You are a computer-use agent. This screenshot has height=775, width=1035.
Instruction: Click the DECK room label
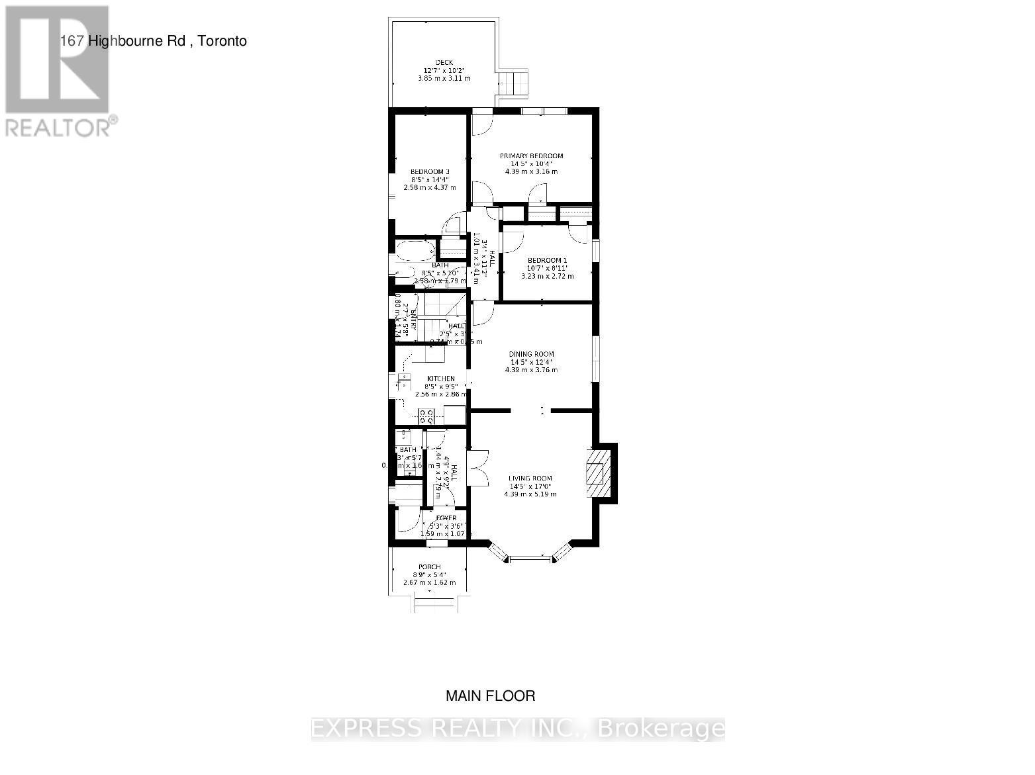(444, 63)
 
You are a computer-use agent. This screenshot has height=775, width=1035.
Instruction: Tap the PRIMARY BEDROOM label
(531, 156)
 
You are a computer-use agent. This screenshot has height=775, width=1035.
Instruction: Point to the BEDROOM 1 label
(547, 260)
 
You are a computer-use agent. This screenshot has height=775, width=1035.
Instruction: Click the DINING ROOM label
(531, 354)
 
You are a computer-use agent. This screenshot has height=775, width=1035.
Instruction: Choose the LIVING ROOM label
(530, 478)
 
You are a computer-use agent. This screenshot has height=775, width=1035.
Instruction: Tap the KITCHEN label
(440, 379)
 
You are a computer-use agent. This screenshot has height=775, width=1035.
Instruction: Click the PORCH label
(430, 567)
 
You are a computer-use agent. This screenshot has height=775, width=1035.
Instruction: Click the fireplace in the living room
(597, 473)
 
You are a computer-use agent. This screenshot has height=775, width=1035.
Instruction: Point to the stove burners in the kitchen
(426, 416)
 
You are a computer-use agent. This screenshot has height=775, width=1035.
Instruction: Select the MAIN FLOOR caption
(490, 696)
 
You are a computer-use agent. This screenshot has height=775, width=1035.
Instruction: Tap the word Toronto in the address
(222, 41)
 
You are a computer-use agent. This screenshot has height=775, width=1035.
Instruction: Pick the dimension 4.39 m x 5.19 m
(530, 494)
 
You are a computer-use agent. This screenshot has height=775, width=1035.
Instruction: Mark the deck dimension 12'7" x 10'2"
(444, 71)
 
